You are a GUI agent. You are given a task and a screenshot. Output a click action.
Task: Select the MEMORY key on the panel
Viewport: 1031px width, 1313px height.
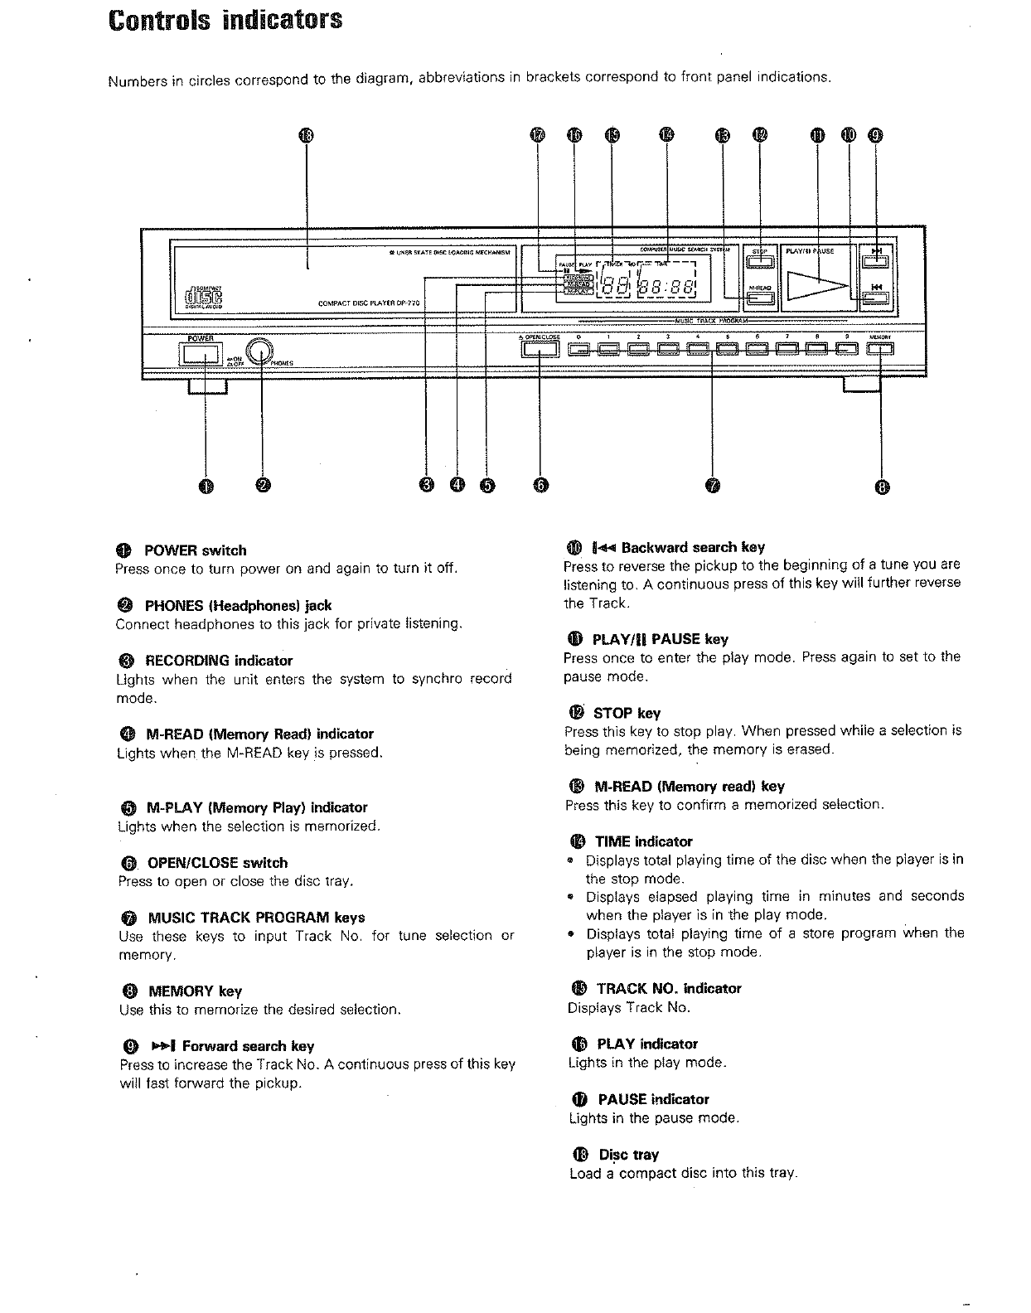(x=880, y=349)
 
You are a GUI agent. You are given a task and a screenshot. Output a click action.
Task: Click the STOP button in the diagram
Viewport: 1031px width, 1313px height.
(x=760, y=263)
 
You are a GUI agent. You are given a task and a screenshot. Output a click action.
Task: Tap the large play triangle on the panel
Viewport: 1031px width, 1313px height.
(x=817, y=286)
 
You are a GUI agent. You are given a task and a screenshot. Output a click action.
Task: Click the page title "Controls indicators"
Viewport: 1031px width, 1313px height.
(x=225, y=19)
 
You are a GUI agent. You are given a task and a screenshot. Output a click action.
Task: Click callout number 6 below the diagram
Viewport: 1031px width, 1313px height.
(x=540, y=486)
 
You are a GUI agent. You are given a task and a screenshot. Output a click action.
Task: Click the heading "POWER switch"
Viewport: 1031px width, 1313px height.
(x=195, y=550)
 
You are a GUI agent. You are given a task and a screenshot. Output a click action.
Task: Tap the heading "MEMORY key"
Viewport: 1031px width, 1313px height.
(x=194, y=991)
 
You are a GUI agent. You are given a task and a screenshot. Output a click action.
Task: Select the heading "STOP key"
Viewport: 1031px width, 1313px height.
(x=626, y=713)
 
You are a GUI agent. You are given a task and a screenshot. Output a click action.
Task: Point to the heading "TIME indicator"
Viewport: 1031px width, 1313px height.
(x=643, y=841)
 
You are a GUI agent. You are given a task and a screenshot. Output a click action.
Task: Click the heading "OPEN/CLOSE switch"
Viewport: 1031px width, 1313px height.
(x=217, y=863)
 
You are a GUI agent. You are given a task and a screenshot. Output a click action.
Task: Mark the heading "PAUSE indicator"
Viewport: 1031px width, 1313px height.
(x=653, y=1099)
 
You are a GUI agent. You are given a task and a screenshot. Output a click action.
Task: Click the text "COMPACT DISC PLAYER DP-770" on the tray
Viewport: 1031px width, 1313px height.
(x=370, y=303)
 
